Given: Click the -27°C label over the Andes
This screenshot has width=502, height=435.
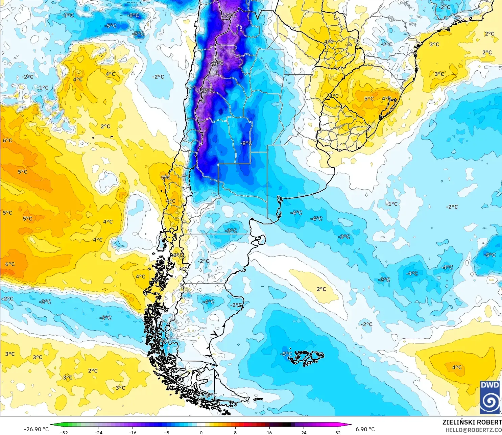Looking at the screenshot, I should coord(207,91).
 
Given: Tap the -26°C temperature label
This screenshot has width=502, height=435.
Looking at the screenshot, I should coord(217,63).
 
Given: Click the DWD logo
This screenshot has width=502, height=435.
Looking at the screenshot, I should coord(490,397).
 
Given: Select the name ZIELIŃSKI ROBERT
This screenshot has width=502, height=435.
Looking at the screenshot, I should coord(472,422).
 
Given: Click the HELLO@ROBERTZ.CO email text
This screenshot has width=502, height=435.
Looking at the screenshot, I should coord(473,430).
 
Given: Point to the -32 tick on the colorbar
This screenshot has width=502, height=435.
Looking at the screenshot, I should coord(64,432).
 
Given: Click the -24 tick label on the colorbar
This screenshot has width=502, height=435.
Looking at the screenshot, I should coord(98,432).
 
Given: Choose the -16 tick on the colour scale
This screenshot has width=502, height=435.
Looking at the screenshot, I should coord(133,432).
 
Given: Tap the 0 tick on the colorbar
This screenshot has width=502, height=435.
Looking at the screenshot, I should coord(201,432).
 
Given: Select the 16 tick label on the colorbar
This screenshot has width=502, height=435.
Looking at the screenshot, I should coord(269,432).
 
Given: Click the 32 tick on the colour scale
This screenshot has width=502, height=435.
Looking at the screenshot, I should coord(338,432).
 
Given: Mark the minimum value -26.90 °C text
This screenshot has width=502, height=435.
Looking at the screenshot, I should coord(36,429).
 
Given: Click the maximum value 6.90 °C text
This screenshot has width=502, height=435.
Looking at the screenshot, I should coord(365,429).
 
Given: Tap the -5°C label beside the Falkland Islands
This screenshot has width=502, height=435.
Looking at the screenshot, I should coord(286,354).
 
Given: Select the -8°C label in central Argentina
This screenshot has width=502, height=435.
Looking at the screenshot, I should coord(246,143).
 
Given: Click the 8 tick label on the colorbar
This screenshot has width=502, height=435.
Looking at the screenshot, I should coord(235,432).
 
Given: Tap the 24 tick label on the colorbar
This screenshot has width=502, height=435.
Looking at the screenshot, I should coord(304,432).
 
